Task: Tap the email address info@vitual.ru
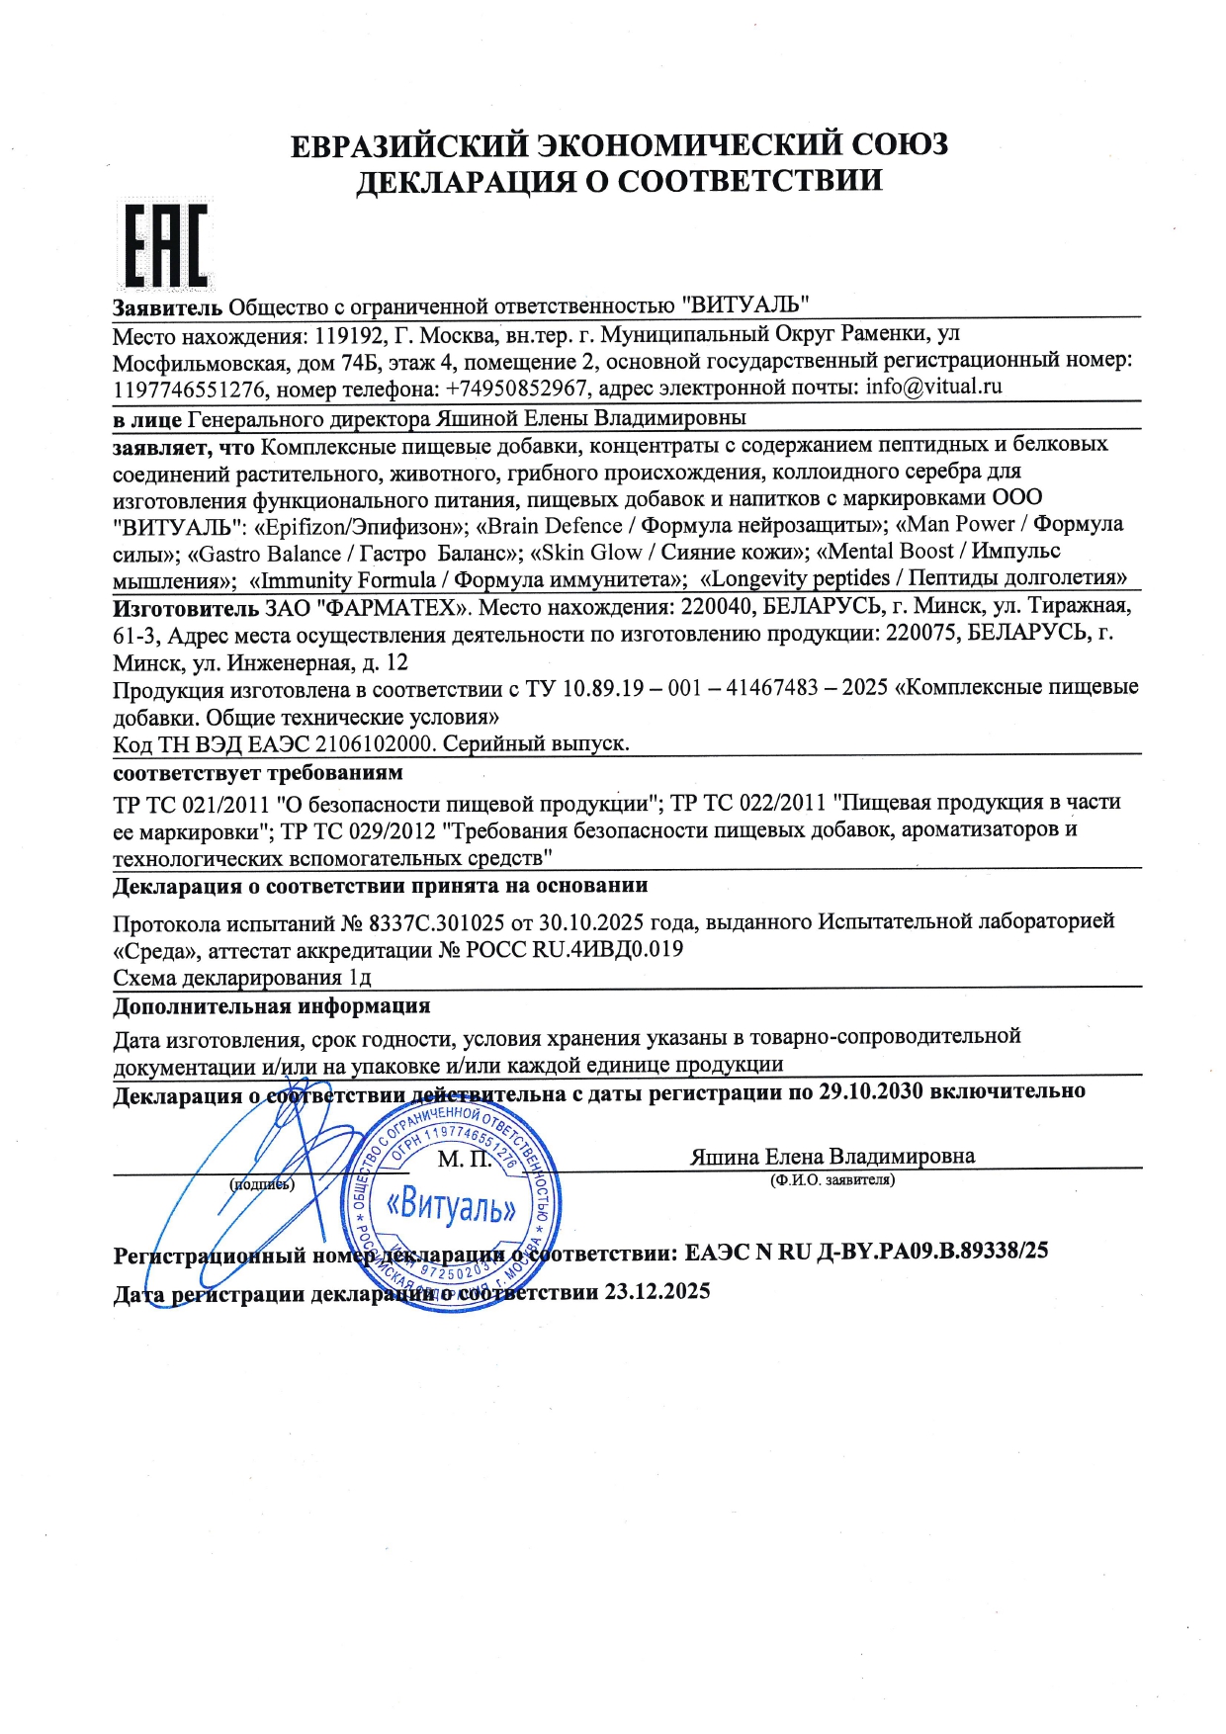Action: [933, 387]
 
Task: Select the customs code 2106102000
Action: [380, 743]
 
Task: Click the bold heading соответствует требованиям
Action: [258, 772]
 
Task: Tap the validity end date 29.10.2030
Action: [871, 1091]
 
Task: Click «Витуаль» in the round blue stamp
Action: [451, 1205]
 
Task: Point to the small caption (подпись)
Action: [262, 1183]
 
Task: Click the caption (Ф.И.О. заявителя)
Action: [832, 1179]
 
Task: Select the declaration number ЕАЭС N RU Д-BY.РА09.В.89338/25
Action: [866, 1252]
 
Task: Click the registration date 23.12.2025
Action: [657, 1292]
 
